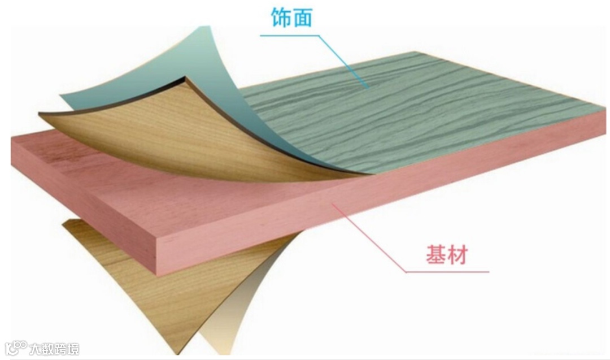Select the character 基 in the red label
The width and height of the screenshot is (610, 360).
435,255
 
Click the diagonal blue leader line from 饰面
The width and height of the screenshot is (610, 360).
345,62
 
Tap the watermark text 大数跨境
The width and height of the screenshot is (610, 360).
55,348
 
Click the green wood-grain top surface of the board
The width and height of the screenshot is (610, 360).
429,113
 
